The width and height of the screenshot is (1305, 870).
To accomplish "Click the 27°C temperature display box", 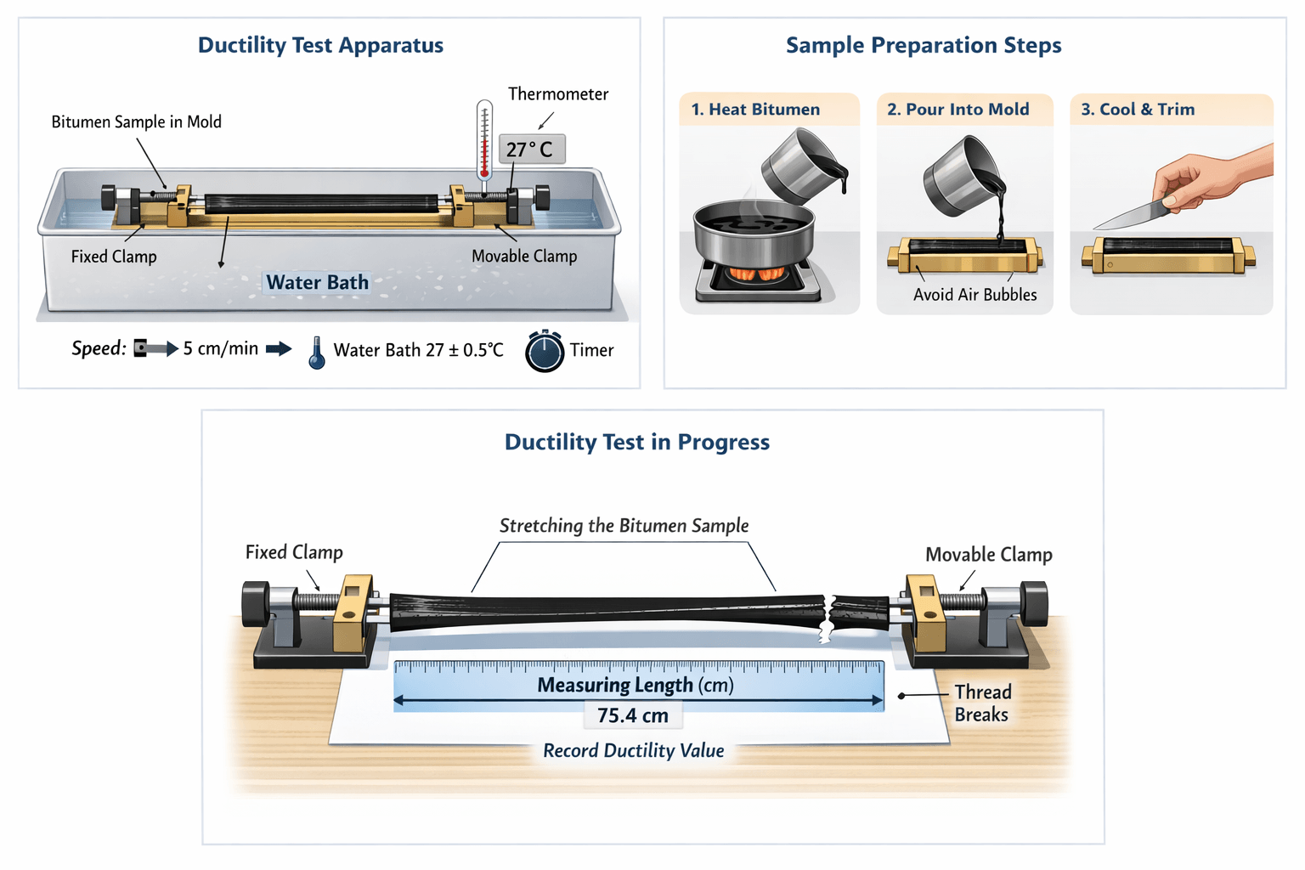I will coord(531,150).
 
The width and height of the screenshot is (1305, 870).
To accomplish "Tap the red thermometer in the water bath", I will coord(484,140).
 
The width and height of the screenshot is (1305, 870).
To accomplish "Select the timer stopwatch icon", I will coord(545,351).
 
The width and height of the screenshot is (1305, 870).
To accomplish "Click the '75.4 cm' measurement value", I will coord(633,715).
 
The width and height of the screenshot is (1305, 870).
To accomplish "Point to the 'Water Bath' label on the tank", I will coord(317,282).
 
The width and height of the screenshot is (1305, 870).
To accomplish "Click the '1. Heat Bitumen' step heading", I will coord(755,110).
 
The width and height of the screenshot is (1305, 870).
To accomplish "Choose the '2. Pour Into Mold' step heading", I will coord(958,110).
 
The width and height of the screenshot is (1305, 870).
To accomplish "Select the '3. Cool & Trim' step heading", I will coord(1138,110).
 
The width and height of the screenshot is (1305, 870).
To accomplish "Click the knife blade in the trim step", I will coord(1126,217).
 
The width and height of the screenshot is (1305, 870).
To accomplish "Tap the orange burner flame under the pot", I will coord(756,274).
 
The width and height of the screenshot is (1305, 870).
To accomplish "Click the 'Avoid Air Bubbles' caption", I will coord(975,295).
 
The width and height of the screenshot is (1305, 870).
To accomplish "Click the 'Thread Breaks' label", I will coord(982,703).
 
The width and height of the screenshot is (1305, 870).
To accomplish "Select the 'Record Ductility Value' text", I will coord(634,751).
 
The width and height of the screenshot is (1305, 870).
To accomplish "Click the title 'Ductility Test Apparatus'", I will coord(320,45).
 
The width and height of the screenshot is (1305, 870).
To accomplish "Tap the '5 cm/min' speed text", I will coord(221,348).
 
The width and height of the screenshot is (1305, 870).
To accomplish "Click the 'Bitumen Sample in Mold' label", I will coord(136,122).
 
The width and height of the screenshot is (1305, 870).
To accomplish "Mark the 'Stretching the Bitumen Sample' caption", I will coord(624,526).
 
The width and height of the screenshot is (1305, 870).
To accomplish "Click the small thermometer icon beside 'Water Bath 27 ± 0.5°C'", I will coord(317,353).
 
